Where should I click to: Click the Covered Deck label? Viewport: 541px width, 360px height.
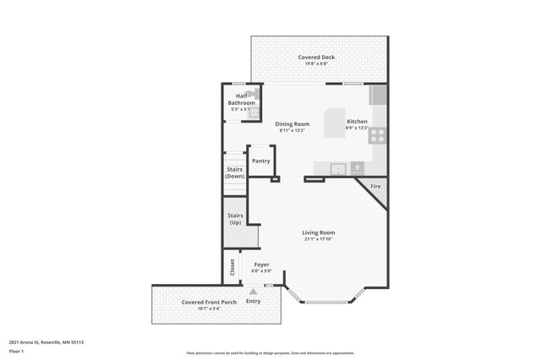(x=316, y=57)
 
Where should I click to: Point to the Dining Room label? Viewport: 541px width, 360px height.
(x=292, y=124)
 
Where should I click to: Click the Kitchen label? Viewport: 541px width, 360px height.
(x=357, y=121)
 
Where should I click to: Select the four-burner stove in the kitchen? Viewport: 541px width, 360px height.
(x=379, y=133)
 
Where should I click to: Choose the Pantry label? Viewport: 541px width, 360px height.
(x=260, y=161)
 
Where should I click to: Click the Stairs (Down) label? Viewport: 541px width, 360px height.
(x=235, y=172)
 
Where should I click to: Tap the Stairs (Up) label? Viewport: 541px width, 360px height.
(x=235, y=219)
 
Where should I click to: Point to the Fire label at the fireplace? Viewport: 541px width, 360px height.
(x=375, y=186)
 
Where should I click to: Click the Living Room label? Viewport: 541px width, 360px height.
(x=319, y=232)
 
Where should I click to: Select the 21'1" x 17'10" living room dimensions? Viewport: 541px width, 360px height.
(x=319, y=239)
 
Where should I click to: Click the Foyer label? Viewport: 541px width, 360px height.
(x=262, y=265)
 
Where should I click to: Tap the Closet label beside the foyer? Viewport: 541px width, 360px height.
(x=232, y=267)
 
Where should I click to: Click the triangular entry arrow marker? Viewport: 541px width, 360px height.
(x=253, y=292)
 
